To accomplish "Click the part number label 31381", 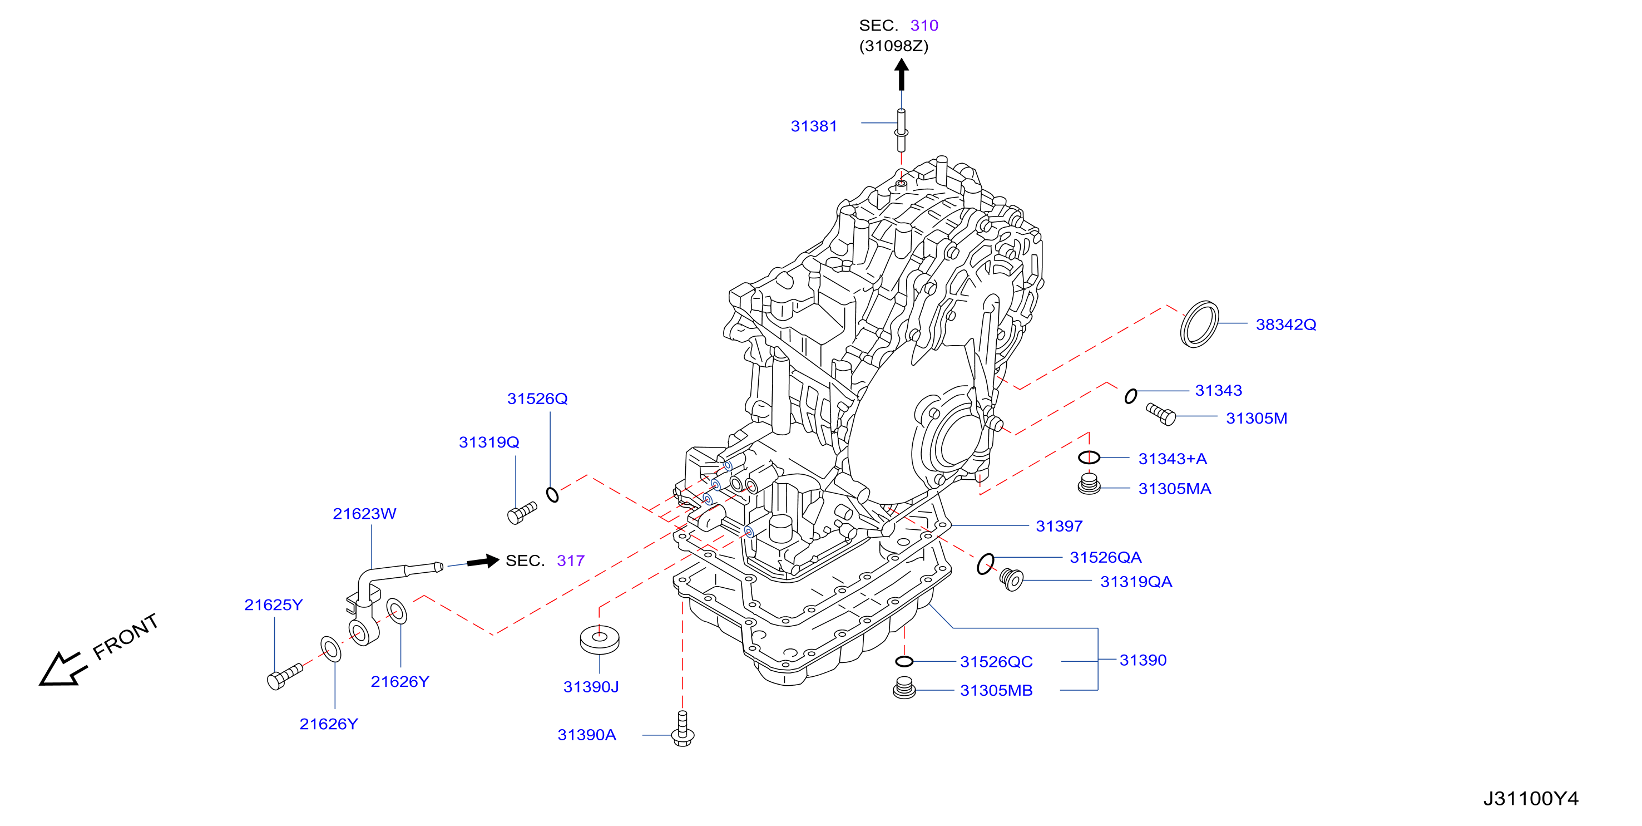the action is click(x=813, y=126).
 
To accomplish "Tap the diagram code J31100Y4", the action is click(x=1530, y=799).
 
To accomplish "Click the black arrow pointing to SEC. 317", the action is click(x=483, y=561).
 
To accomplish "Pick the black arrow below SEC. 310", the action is click(x=901, y=74).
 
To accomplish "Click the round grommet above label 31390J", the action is click(x=599, y=640).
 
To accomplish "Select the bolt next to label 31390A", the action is click(x=682, y=729).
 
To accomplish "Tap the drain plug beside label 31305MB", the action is click(x=904, y=688).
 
